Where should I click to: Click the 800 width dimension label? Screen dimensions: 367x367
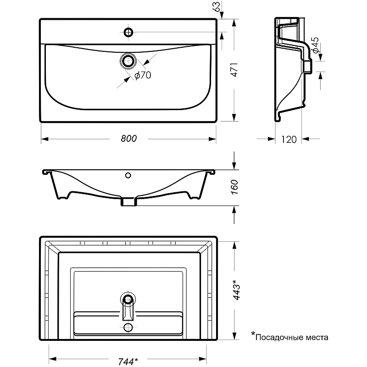point(129,139)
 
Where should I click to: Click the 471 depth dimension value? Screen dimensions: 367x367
point(234,70)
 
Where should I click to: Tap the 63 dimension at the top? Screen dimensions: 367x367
point(217,6)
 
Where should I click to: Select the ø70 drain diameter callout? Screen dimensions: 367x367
point(143,75)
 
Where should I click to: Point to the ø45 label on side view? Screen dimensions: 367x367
point(315,45)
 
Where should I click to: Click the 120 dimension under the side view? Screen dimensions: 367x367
point(289,139)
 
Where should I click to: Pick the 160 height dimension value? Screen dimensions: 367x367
point(234,187)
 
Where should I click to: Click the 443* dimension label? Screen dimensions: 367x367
point(236,290)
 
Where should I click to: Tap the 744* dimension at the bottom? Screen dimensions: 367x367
point(128,361)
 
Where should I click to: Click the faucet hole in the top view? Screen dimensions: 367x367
point(128,32)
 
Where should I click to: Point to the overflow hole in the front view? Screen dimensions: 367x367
point(128,175)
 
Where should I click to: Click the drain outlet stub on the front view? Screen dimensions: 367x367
point(128,202)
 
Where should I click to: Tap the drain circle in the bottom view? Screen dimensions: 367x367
point(128,299)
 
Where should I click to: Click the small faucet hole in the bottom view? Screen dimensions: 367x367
point(128,327)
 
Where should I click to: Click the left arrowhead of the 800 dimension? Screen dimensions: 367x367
point(45,139)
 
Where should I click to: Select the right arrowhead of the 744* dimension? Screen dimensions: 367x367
point(203,359)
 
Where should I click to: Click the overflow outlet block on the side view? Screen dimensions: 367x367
point(308,66)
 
